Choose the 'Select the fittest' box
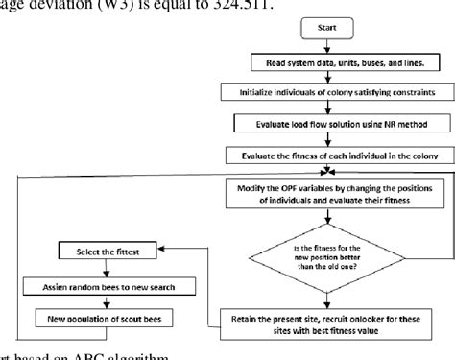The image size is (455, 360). pos(105,252)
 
